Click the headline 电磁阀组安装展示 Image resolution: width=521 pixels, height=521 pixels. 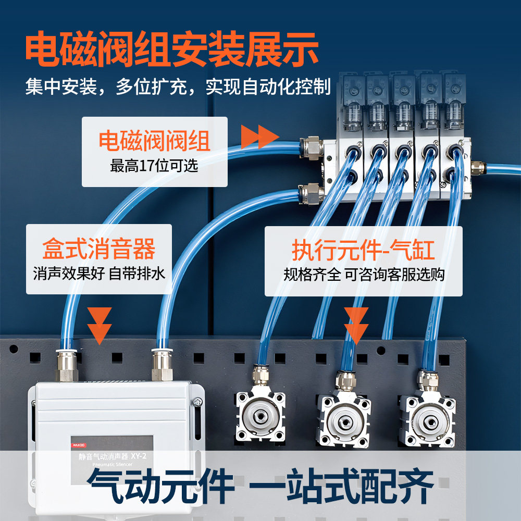coord(172,49)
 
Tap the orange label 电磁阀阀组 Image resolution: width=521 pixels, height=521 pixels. coord(154,141)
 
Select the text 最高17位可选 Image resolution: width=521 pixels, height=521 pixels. coord(154,166)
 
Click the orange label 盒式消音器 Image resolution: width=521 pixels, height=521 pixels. coord(99,250)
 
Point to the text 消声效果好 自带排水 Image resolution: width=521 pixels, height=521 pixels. coord(99,273)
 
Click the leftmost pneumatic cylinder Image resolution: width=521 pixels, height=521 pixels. coord(260,417)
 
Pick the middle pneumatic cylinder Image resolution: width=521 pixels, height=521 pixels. coord(344,419)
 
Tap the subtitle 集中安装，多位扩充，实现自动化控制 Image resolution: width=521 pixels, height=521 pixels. coord(178,86)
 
